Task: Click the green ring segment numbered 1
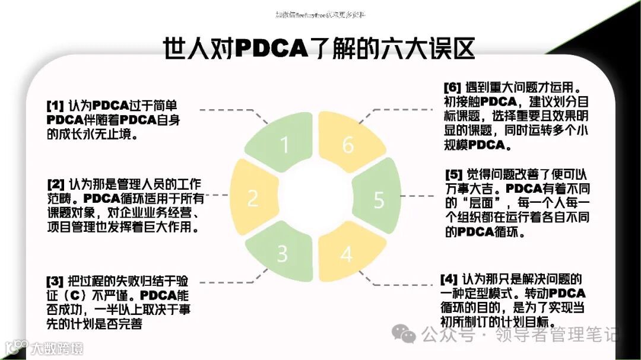coord(284,145)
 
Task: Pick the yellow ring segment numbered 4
coord(346,253)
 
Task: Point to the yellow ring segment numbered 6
coord(348,144)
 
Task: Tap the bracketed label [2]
coord(56,184)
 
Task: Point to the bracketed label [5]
coord(454,175)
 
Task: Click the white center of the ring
coord(315,199)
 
